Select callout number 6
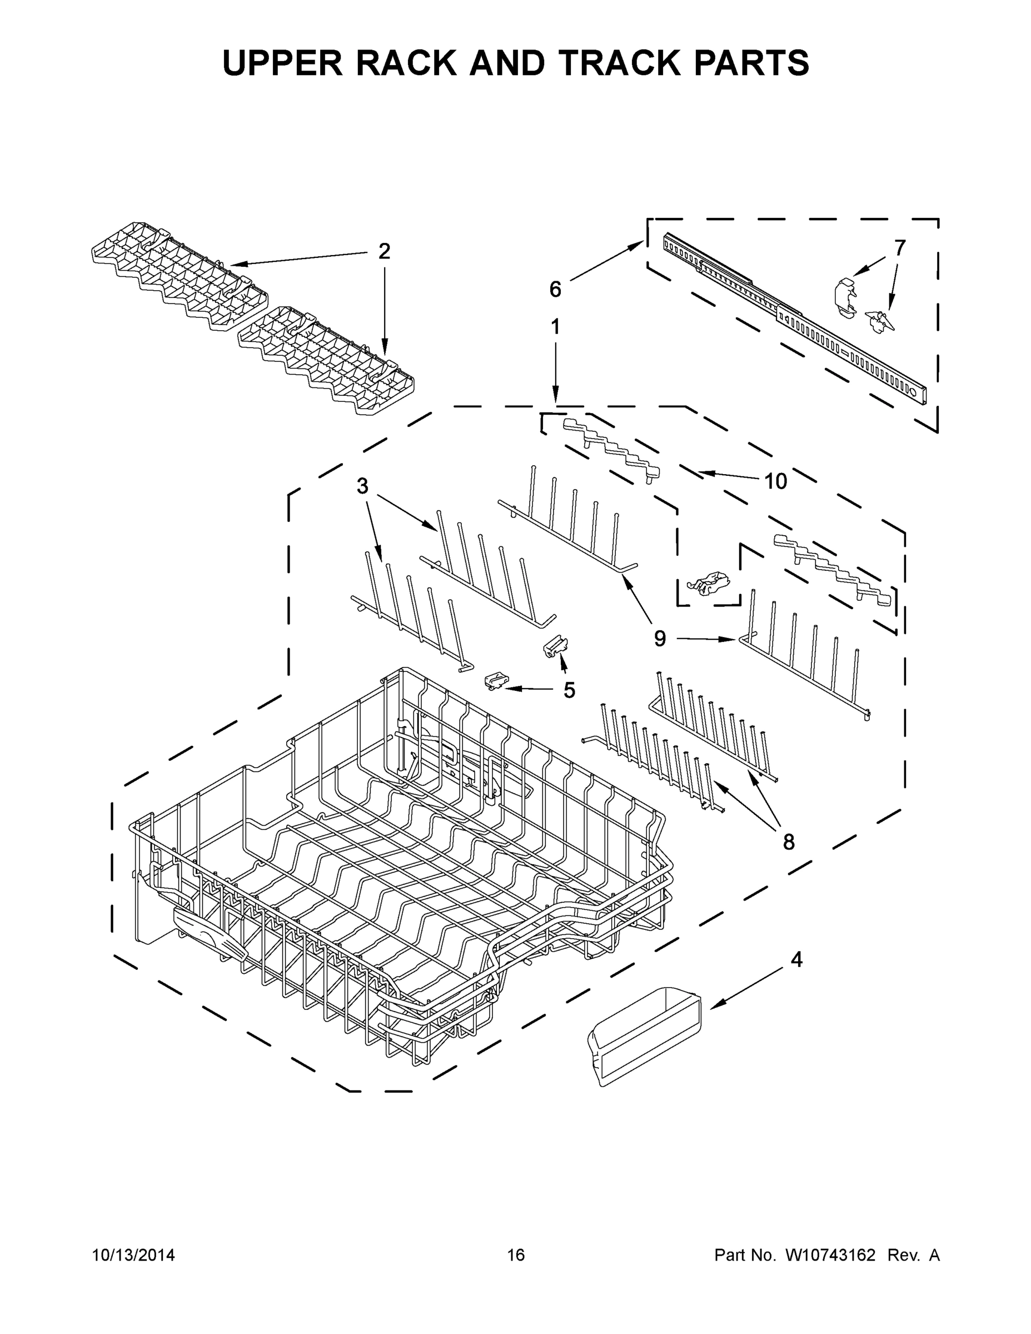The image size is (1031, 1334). coord(555,289)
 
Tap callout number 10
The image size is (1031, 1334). coord(776,481)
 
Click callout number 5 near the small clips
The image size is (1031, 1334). coord(569,690)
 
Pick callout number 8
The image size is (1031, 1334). coord(789,842)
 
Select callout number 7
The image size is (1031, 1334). coord(900,247)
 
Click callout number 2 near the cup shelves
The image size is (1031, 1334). coord(383,251)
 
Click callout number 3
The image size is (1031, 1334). coord(362,486)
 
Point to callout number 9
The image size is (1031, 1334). coord(660,639)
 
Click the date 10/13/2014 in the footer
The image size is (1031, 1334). coord(133,1255)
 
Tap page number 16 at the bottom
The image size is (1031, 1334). coord(516,1255)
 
